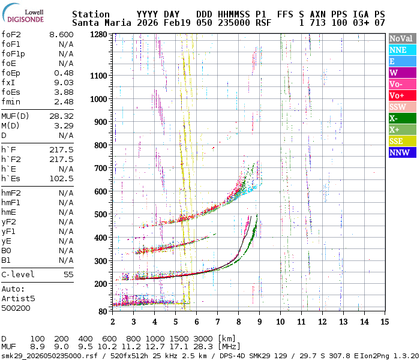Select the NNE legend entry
pos(401,50)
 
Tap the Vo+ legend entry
pos(401,95)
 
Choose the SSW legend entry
pos(401,107)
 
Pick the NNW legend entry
pos(401,152)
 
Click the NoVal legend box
pos(401,38)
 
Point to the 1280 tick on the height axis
pos(98,34)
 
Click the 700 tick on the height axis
pos(101,168)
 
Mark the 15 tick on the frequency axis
pos(385,322)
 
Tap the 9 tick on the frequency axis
pos(259,322)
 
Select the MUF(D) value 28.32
pos(61,116)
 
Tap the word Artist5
pos(18,298)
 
